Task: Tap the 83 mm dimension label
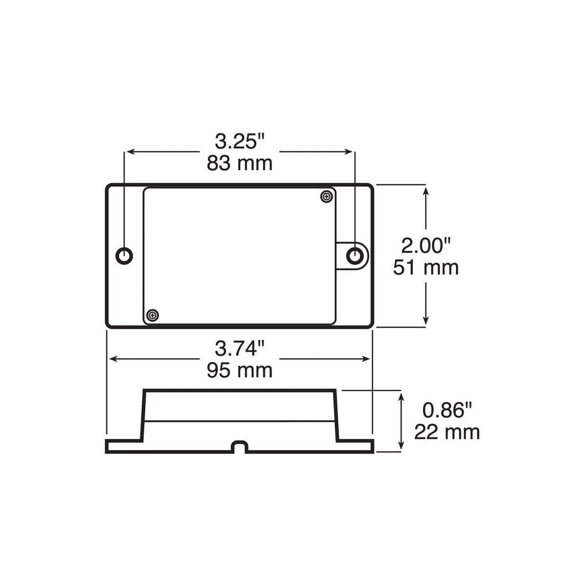tap(239, 163)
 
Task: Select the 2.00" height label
tap(425, 244)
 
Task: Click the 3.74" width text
tap(239, 349)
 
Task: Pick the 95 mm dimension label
tap(239, 371)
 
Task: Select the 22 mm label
tap(447, 432)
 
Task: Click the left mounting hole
tap(124, 255)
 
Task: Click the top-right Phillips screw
tap(326, 197)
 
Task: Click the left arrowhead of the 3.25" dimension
tap(129, 152)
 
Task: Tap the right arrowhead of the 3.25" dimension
tap(350, 152)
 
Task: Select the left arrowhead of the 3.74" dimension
tap(112, 359)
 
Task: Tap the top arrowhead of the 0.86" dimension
tap(402, 397)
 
